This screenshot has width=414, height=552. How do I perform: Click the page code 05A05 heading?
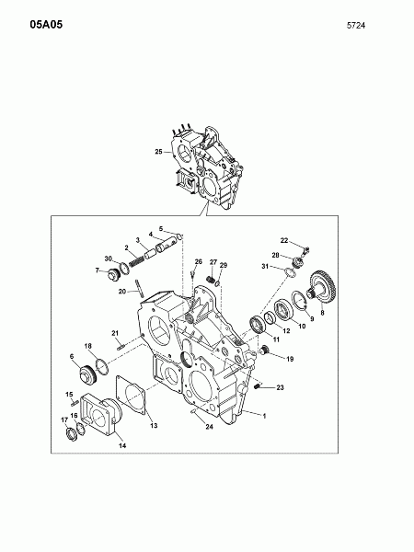pyautogui.click(x=46, y=25)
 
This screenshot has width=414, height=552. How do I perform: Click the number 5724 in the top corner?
pyautogui.click(x=356, y=26)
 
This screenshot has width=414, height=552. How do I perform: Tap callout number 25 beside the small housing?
pyautogui.click(x=159, y=152)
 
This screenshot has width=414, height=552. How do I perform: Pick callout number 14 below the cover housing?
pyautogui.click(x=122, y=445)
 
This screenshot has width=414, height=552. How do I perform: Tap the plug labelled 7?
pyautogui.click(x=113, y=273)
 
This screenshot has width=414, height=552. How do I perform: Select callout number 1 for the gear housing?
pyautogui.click(x=264, y=416)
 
